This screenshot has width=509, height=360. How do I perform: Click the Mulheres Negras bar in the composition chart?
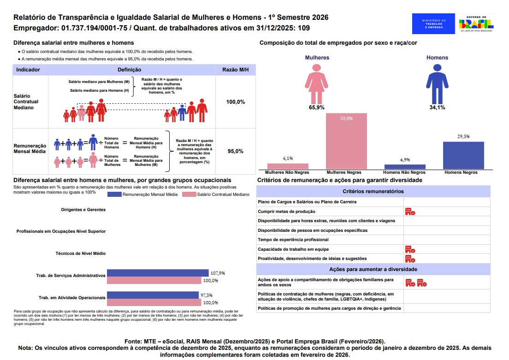tap(346, 141)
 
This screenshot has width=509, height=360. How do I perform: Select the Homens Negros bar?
tap(463, 155)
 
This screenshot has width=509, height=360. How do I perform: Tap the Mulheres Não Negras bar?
tap(288, 166)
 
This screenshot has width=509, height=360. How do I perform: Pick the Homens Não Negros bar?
tap(405, 166)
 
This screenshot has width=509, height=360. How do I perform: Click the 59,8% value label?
tap(346, 118)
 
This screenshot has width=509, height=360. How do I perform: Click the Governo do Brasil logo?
tap(476, 23)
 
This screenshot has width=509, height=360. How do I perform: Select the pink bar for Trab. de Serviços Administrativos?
tap(154, 280)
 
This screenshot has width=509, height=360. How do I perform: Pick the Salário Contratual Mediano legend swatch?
tap(189, 195)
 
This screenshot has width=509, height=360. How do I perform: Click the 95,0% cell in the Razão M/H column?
tap(235, 151)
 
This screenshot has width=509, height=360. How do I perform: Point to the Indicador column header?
tap(28, 70)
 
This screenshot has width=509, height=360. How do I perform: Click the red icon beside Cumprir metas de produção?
tap(410, 212)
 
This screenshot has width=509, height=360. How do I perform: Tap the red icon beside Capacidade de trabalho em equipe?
tap(410, 249)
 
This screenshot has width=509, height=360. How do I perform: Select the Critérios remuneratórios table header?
tap(373, 191)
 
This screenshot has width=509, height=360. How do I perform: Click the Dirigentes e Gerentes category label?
tap(83, 209)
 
